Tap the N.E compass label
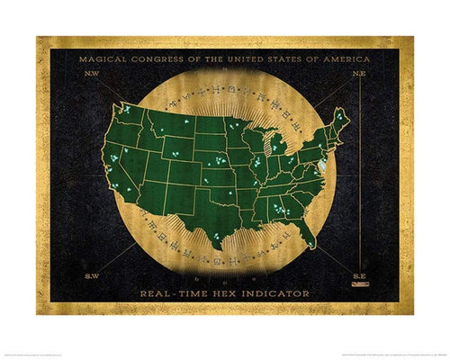(x=358, y=76)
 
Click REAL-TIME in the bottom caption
(x=182, y=293)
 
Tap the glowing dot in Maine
(x=338, y=115)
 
